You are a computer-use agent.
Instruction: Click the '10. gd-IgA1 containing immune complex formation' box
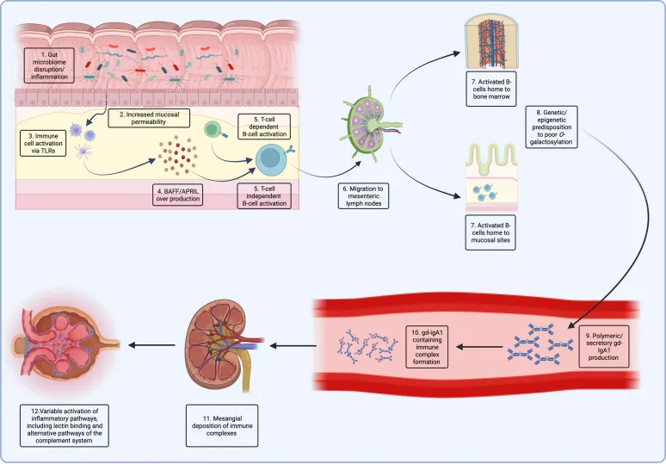pos(435,342)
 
